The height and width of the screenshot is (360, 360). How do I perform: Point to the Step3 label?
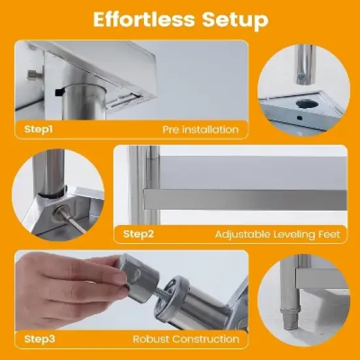point(40,338)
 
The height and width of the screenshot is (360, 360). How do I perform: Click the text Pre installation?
point(200,129)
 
